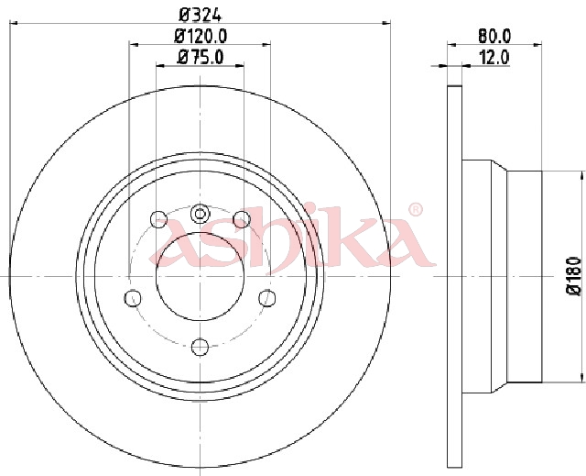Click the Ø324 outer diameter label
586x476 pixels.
tap(201, 15)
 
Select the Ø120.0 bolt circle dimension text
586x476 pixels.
tap(201, 36)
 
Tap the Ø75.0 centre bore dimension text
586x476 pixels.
tap(201, 57)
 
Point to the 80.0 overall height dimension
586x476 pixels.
tap(494, 36)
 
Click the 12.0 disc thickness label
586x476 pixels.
tap(494, 58)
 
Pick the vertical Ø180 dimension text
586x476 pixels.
tap(574, 277)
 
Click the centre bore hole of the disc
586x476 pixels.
tap(200, 277)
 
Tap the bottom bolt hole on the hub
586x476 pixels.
tap(200, 347)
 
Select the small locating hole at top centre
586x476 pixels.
tap(200, 214)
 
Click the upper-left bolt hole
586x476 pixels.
tap(158, 219)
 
